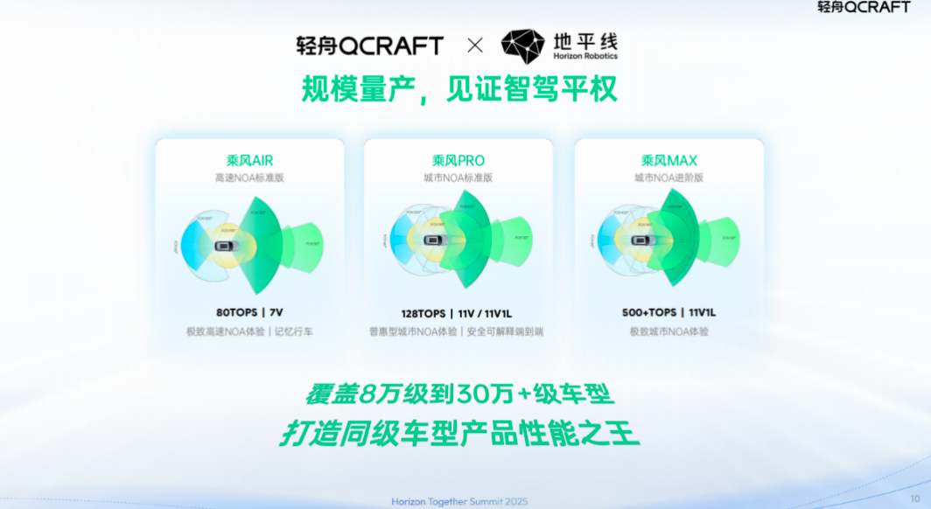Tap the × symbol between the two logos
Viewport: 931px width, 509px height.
[x=474, y=45]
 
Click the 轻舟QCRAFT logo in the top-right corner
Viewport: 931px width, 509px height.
[x=864, y=8]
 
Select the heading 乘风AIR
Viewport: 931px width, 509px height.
[x=249, y=160]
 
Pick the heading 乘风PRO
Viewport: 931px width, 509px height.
[x=458, y=160]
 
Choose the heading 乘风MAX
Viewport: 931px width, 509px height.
[x=668, y=160]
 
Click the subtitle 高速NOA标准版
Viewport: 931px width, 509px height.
[x=249, y=177]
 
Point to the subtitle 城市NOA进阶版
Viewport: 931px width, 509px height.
[x=668, y=177]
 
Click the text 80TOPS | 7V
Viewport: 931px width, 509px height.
[x=249, y=312]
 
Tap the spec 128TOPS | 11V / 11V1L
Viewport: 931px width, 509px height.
[x=458, y=312]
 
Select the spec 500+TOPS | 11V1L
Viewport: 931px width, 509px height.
[x=668, y=312]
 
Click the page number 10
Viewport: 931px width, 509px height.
[x=914, y=498]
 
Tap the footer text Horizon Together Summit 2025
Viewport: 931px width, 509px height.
[x=459, y=501]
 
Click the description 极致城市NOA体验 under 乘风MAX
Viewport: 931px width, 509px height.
[x=668, y=331]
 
